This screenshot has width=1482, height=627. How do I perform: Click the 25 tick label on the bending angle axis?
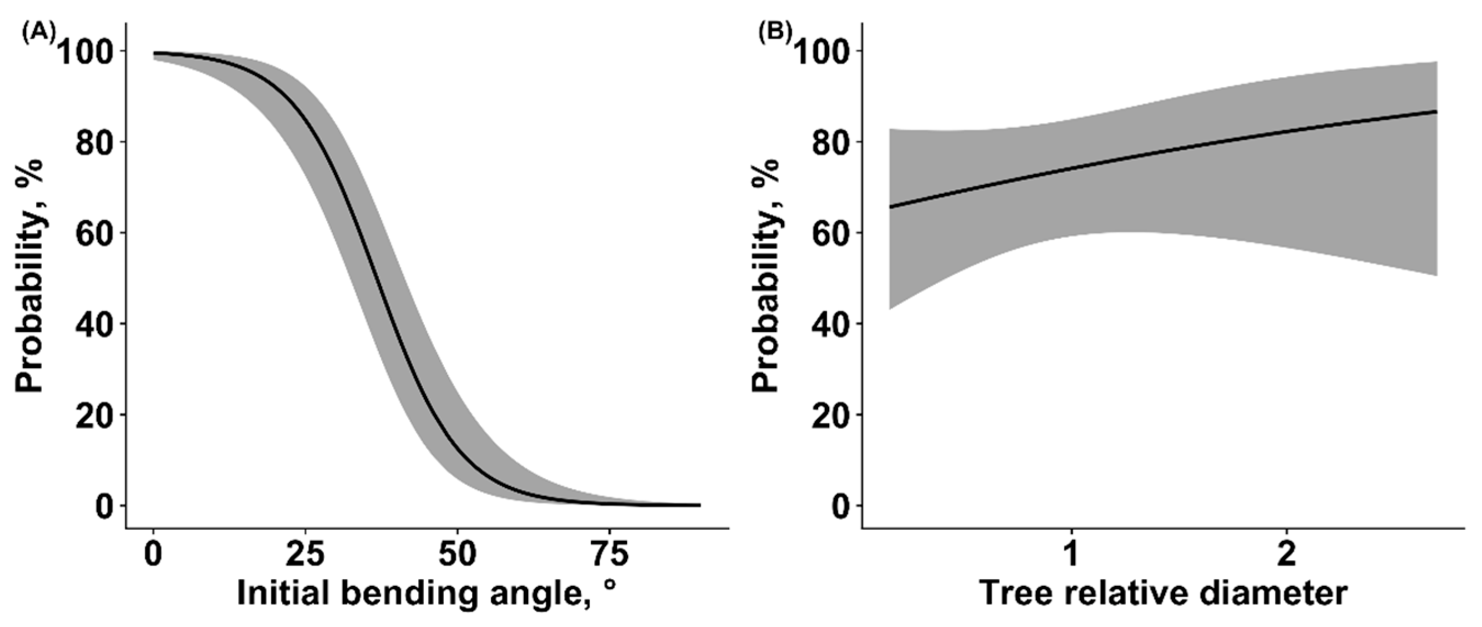pyautogui.click(x=305, y=555)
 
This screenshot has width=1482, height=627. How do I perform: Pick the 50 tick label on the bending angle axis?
pyautogui.click(x=457, y=555)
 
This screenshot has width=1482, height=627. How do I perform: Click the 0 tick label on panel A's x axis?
pyautogui.click(x=153, y=555)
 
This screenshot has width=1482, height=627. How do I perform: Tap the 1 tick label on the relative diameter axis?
pyautogui.click(x=1071, y=555)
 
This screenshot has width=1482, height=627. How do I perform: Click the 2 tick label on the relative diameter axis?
pyautogui.click(x=1287, y=555)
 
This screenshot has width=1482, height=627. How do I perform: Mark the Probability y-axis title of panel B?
pyautogui.click(x=767, y=276)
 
